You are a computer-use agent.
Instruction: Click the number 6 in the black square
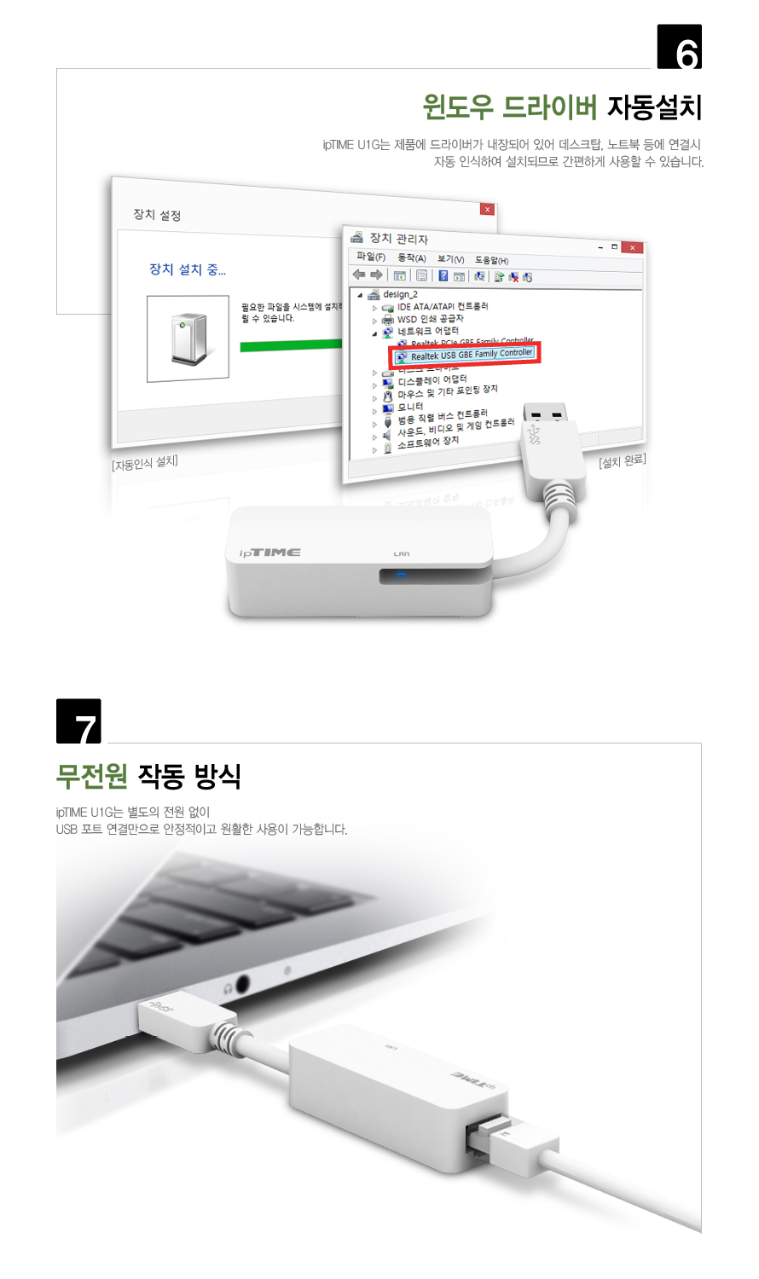point(680,47)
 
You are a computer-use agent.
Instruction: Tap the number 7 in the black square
point(79,722)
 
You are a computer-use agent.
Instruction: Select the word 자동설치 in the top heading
point(654,107)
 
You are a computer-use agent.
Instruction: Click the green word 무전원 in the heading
point(91,776)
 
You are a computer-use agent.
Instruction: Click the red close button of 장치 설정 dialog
point(487,209)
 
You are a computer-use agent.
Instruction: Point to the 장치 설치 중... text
point(188,269)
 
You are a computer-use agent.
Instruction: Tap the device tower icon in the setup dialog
point(188,339)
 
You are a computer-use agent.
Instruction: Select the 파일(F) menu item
point(371,257)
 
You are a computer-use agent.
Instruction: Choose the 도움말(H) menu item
point(491,260)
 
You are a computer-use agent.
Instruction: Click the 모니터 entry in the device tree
point(410,407)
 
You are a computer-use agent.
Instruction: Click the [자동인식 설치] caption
point(145,463)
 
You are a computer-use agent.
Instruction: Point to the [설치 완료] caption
point(623,461)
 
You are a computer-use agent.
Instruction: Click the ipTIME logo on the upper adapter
point(269,553)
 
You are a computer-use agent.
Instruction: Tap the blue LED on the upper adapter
point(401,575)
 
